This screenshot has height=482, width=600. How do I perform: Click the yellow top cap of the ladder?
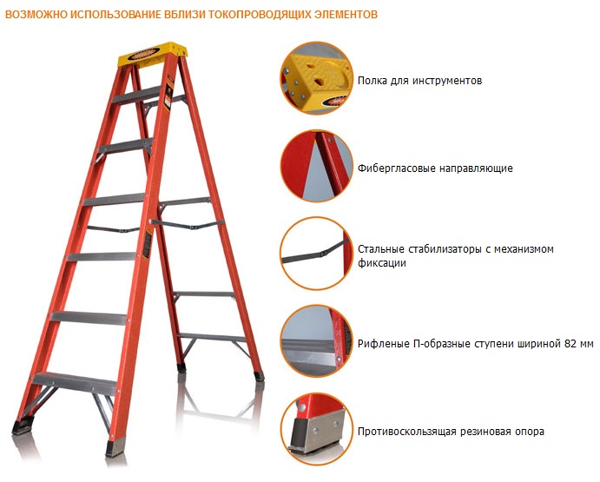coord(152,56)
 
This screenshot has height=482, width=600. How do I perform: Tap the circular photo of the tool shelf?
coord(316,78)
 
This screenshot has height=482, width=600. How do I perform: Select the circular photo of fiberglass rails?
coord(316,166)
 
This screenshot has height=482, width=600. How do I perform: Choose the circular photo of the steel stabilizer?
coord(316,254)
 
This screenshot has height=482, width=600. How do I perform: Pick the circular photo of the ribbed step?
coord(316,341)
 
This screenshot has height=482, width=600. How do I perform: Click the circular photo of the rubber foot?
coord(316,429)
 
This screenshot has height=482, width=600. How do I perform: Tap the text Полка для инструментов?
coord(419,81)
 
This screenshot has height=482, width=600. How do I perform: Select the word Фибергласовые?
coord(397,168)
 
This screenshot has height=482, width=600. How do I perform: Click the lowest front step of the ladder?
coord(75,383)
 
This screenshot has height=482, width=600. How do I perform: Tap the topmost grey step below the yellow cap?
coord(136,95)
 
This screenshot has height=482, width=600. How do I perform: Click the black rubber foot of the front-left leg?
coord(23,426)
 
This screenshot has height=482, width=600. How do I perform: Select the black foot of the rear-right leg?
coord(259,375)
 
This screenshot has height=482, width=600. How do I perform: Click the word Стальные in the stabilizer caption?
coord(380,249)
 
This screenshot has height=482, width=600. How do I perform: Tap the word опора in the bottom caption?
coord(530,432)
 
